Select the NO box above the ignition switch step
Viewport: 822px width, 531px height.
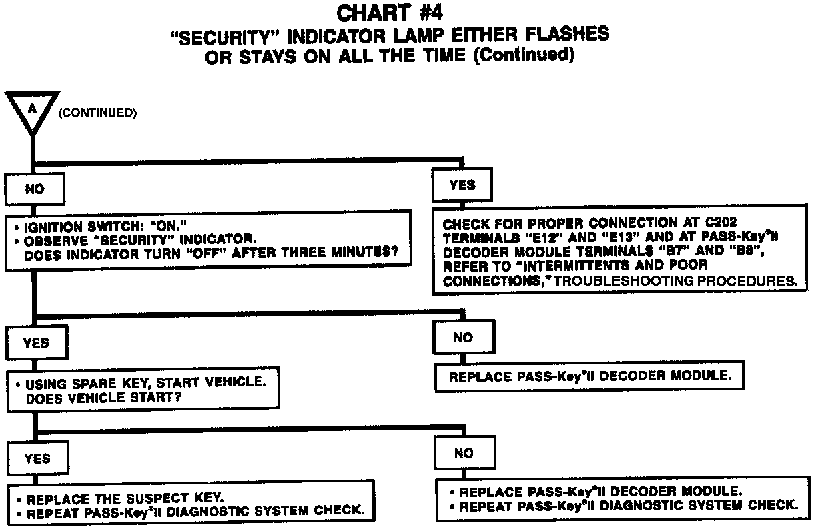[35, 189]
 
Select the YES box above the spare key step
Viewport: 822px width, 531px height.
[36, 342]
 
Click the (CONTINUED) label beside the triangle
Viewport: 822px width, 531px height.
[97, 113]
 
